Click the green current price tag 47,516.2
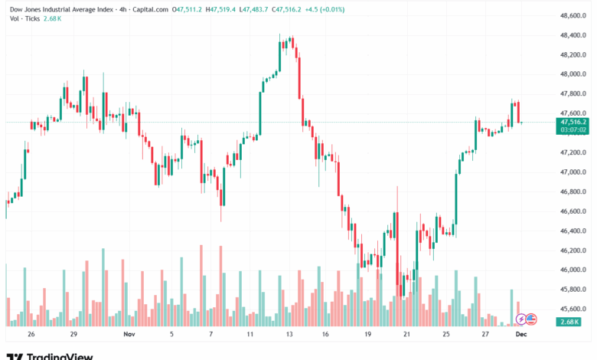pyautogui.click(x=573, y=122)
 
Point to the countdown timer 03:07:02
pyautogui.click(x=573, y=130)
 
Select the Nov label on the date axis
pyautogui.click(x=129, y=335)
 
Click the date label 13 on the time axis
pyautogui.click(x=289, y=335)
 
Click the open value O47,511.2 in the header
pyautogui.click(x=188, y=9)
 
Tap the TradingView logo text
pyautogui.click(x=60, y=355)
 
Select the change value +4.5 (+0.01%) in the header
pyautogui.click(x=325, y=9)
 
